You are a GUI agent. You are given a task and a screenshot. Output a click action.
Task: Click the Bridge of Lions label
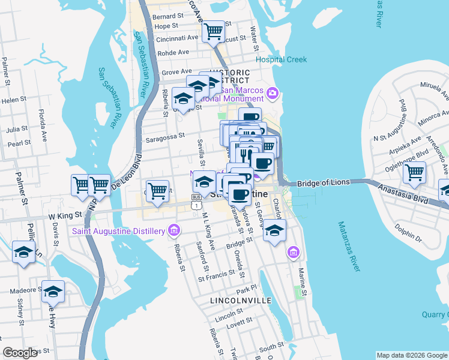(x=323, y=182)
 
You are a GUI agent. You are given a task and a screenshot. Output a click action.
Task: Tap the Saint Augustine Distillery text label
(x=119, y=231)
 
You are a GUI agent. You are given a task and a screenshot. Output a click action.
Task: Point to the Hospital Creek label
(x=281, y=59)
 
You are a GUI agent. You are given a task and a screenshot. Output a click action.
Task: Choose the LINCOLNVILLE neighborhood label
(x=241, y=299)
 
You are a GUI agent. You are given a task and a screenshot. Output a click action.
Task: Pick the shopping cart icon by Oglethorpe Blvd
(x=414, y=172)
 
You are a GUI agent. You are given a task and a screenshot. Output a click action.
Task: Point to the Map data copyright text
(x=412, y=355)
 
